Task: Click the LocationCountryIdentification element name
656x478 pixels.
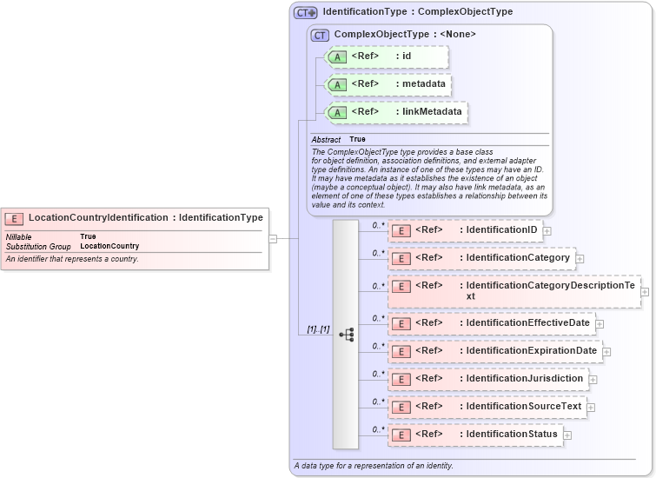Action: [98, 217]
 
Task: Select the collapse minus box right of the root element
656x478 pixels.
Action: [273, 238]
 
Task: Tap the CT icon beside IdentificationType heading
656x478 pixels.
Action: [305, 12]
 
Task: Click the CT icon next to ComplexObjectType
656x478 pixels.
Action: [320, 35]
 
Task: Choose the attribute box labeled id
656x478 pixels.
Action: [387, 57]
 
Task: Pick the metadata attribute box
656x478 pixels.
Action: [388, 84]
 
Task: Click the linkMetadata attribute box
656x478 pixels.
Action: [396, 112]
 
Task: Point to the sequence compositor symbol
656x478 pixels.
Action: [346, 334]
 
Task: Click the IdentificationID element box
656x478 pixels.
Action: [466, 230]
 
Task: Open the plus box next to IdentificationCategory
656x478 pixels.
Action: [580, 258]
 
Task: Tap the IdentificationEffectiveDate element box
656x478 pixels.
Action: [493, 323]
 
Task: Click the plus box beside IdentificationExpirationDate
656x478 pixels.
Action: [606, 352]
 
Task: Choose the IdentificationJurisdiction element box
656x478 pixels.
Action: [487, 379]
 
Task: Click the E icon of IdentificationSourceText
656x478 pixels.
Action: [401, 407]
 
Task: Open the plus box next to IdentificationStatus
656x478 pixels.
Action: [567, 435]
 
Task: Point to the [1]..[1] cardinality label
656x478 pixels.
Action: [318, 330]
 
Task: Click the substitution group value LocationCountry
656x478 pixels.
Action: [109, 246]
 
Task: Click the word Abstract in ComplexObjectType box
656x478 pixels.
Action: [326, 139]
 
